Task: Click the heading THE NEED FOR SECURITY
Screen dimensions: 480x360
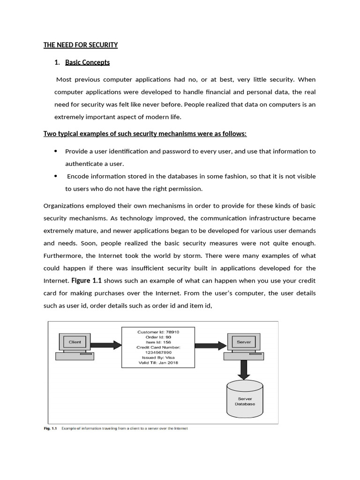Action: pyautogui.click(x=81, y=45)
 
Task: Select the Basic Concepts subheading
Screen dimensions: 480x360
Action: pyautogui.click(x=87, y=62)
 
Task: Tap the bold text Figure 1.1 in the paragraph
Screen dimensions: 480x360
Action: pyautogui.click(x=86, y=280)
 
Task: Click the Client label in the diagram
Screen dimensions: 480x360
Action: pyautogui.click(x=75, y=342)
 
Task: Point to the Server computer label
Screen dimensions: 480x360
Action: pyautogui.click(x=244, y=342)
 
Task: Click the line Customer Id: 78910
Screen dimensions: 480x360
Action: pyautogui.click(x=158, y=332)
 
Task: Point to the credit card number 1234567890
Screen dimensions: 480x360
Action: pyautogui.click(x=158, y=352)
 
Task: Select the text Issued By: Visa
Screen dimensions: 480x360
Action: pyautogui.click(x=158, y=357)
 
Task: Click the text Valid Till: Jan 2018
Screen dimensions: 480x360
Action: pyautogui.click(x=158, y=362)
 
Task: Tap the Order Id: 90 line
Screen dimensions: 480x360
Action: pyautogui.click(x=158, y=337)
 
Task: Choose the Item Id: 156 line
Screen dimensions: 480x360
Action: pyautogui.click(x=158, y=342)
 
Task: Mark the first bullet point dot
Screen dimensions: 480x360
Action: pyautogui.click(x=56, y=151)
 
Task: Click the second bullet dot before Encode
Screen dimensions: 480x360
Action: pyautogui.click(x=56, y=176)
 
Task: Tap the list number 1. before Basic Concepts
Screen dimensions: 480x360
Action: pyautogui.click(x=57, y=62)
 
